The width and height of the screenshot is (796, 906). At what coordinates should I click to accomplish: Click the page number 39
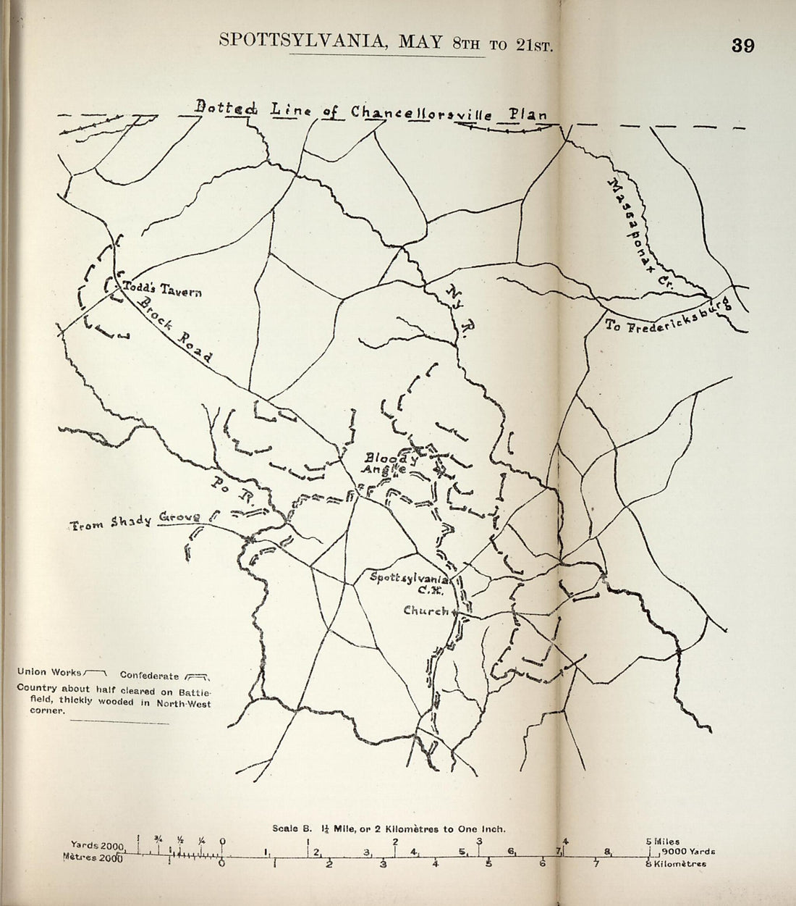coord(742,46)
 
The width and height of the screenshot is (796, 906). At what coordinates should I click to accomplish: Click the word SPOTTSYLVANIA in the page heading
coord(298,41)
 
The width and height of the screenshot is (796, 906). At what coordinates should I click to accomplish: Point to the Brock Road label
coord(174,330)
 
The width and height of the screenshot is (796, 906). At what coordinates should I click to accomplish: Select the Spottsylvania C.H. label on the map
coord(409,583)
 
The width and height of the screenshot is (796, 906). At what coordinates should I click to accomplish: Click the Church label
coord(427,611)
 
